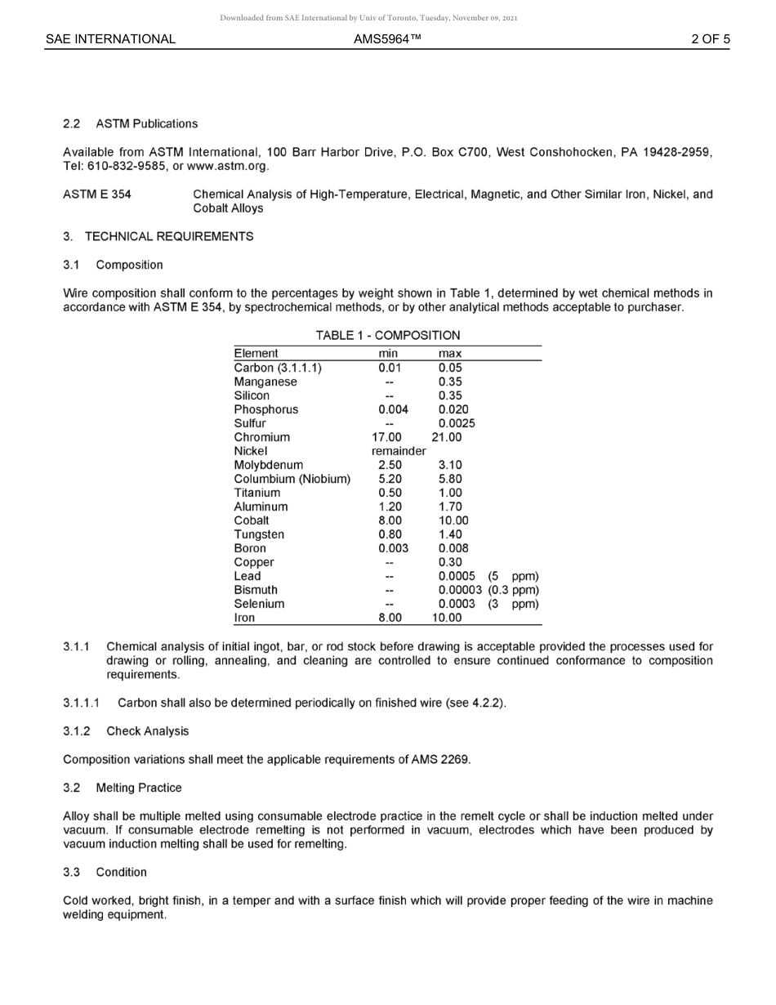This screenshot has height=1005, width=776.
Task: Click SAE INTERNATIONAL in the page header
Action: click(110, 39)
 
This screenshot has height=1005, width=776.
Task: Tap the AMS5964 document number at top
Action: click(387, 39)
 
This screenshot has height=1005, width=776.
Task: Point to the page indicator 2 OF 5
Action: click(710, 39)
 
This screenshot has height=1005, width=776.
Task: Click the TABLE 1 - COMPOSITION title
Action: click(387, 336)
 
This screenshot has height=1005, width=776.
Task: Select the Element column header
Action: click(256, 354)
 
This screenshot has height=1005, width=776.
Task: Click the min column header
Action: click(388, 354)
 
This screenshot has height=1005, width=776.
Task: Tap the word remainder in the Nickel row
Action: click(399, 451)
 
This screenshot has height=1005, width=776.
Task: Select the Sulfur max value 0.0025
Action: click(456, 423)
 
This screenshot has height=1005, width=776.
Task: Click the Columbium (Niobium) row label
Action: click(292, 479)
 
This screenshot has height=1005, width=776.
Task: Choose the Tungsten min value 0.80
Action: click(390, 534)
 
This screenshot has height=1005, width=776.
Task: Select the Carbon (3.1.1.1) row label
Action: click(278, 368)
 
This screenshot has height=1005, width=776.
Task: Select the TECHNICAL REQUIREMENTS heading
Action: click(169, 237)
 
